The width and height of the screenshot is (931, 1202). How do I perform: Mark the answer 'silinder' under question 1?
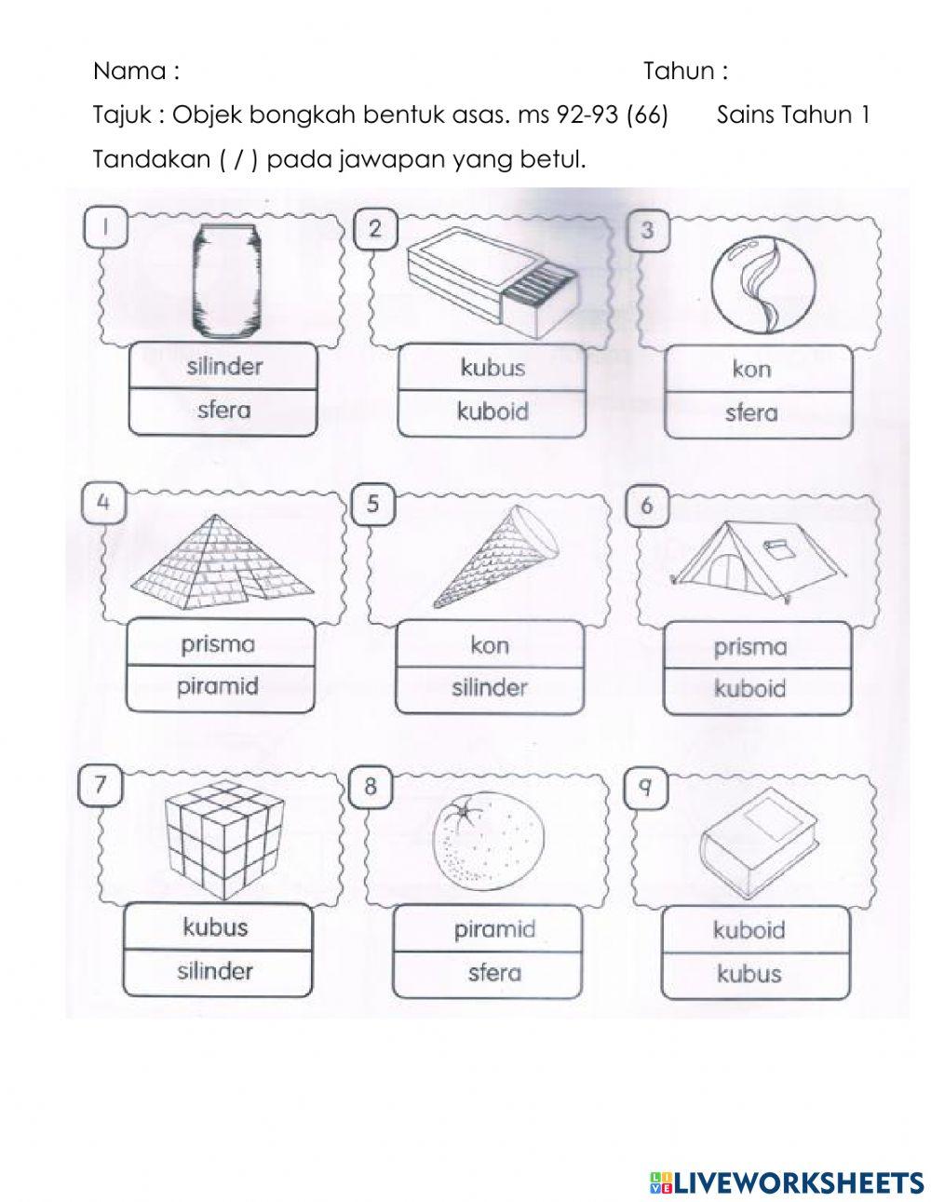click(223, 366)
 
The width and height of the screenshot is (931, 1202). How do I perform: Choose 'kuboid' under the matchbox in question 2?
click(492, 412)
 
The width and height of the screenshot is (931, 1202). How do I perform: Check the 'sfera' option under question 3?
click(750, 413)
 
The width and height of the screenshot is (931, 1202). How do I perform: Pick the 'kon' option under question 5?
click(490, 645)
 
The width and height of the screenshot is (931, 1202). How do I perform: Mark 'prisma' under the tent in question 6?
click(749, 646)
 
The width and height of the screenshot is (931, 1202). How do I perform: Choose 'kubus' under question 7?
click(215, 927)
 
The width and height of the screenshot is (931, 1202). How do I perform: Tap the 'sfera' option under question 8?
click(493, 973)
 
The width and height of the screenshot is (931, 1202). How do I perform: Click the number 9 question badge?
click(645, 788)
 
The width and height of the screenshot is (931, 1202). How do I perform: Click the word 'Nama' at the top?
click(129, 71)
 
